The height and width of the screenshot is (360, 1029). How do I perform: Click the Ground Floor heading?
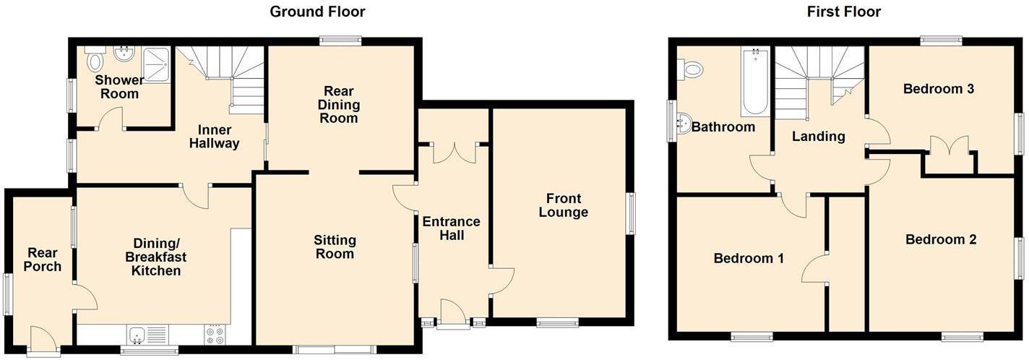[317, 12]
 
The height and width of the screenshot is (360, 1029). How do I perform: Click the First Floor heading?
[843, 12]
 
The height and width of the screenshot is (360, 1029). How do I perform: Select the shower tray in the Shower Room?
[155, 61]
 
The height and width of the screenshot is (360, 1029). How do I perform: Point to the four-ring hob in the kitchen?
[215, 335]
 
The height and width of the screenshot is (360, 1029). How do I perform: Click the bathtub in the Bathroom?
[754, 81]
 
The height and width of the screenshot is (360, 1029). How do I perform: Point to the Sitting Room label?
[334, 247]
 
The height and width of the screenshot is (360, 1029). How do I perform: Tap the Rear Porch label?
[44, 260]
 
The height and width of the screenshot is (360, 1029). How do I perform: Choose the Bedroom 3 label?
[939, 89]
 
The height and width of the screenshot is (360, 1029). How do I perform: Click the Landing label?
[818, 136]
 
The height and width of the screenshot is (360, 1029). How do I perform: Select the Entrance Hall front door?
[453, 314]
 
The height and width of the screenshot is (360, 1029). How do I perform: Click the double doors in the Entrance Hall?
[455, 151]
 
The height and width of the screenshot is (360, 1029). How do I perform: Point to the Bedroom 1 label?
[749, 258]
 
